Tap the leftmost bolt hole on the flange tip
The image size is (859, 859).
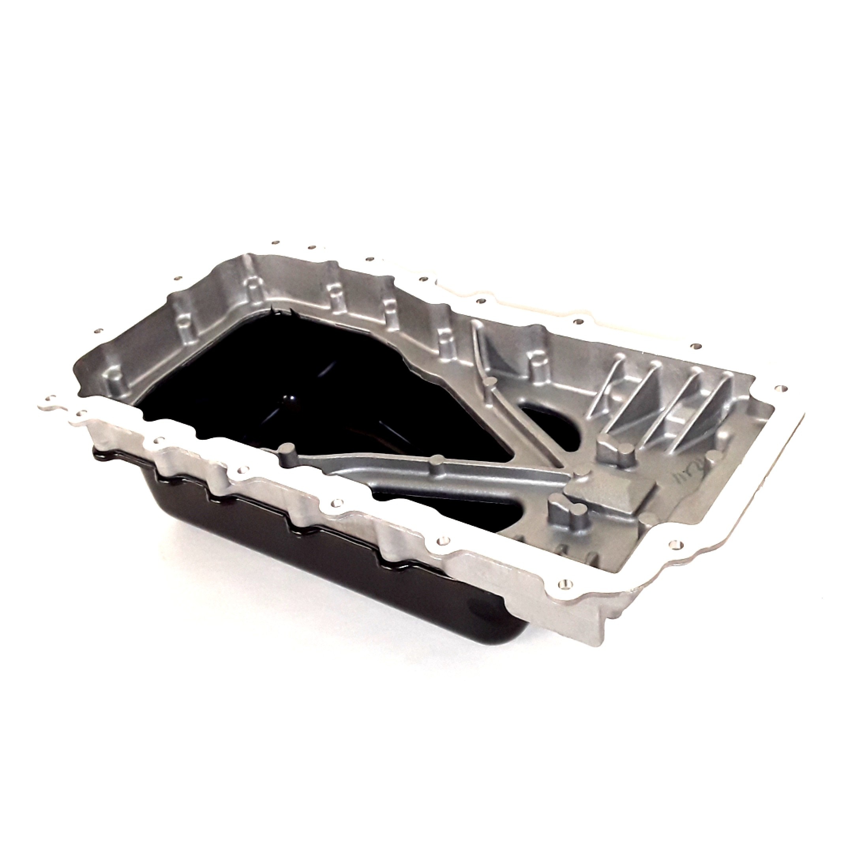click(x=54, y=398)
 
